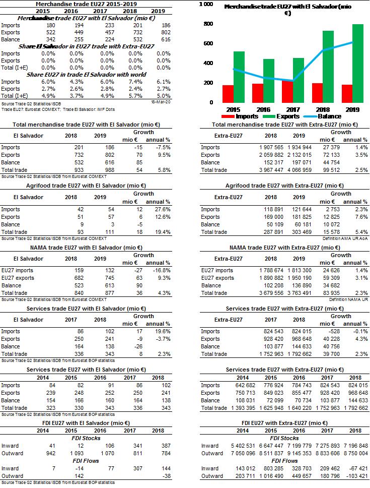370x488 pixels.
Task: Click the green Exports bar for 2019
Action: coord(358,64)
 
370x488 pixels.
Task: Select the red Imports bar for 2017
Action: coord(287,92)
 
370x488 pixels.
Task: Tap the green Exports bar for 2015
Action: coord(239,77)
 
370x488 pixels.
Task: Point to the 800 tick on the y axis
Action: coord(208,24)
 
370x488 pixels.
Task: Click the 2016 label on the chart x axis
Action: coord(263,109)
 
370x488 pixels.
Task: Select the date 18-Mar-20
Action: coord(161,102)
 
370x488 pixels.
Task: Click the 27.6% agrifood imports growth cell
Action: coord(163,209)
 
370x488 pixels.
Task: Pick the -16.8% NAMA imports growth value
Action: coord(162,270)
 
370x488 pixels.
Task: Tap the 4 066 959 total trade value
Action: coord(299,170)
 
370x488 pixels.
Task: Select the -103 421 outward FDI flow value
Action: coord(355,476)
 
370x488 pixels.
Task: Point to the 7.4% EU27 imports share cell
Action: coord(135,82)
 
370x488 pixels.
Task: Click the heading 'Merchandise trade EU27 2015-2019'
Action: coord(86,4)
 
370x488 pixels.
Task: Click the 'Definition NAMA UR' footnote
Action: coord(348,300)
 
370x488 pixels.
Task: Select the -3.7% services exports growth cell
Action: coord(163,339)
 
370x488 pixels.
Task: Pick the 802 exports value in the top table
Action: coord(166,32)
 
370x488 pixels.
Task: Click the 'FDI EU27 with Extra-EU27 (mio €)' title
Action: coord(284,423)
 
